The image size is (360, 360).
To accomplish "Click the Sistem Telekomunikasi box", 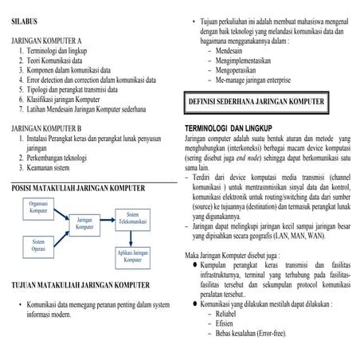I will click(132, 219).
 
